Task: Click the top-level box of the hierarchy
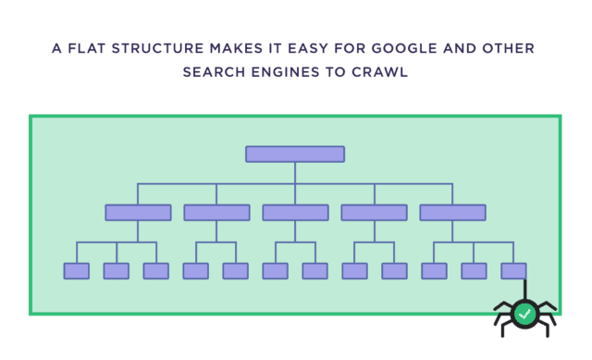coord(295,154)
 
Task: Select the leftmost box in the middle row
coord(138,212)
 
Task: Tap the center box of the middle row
coord(295,212)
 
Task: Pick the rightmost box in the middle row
coord(452,212)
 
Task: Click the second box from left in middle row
coord(216,212)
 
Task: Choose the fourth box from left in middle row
coord(374,212)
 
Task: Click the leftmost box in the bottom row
coord(77,270)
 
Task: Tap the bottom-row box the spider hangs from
coord(513,270)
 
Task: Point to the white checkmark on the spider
coord(524,314)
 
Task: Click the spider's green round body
coord(524,314)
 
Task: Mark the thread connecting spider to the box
coord(525,289)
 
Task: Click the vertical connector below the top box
coord(295,172)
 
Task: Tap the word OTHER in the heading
coord(508,48)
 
